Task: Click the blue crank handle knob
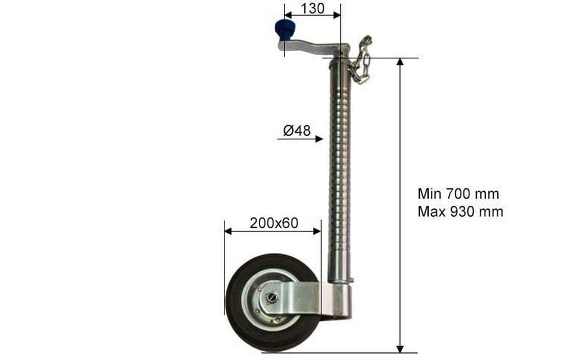(285, 30)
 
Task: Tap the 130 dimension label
(312, 8)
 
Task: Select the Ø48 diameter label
(297, 130)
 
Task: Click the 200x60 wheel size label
(273, 223)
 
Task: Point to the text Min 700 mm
(458, 193)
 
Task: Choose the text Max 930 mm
(461, 211)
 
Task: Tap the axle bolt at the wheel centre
(272, 298)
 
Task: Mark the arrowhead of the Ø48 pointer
(319, 139)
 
